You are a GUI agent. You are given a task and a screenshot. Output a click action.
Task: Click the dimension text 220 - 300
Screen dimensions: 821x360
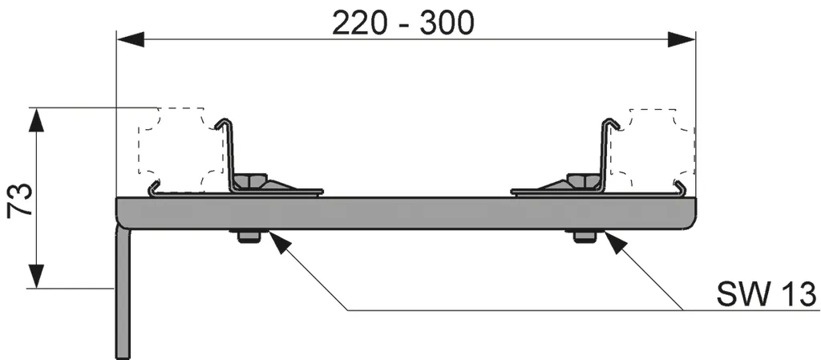click(403, 22)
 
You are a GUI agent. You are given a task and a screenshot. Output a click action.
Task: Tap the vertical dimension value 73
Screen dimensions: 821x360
click(20, 199)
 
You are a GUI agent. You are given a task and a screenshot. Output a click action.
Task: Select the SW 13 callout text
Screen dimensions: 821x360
click(766, 294)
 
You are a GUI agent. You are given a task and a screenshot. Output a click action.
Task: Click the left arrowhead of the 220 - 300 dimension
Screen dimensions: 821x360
click(131, 39)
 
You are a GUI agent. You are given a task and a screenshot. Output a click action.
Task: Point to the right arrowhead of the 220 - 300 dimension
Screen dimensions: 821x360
click(681, 39)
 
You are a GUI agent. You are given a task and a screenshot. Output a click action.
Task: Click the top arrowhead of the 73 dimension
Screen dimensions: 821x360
click(36, 121)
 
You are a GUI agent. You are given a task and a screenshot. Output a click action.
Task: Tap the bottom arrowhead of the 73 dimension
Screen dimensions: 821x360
click(36, 275)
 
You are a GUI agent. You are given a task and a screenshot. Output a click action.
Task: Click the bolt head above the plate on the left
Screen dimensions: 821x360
click(249, 182)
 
